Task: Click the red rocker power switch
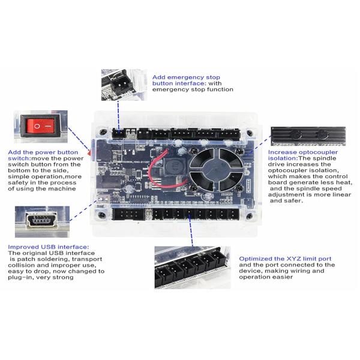click(41, 126)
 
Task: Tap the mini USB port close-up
click(41, 220)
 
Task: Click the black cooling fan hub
click(217, 169)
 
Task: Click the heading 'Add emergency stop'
click(186, 77)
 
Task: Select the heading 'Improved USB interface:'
click(48, 247)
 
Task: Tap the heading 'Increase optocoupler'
click(303, 152)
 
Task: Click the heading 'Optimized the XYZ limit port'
click(285, 259)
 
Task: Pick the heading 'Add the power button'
click(43, 152)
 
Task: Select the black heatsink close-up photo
click(308, 136)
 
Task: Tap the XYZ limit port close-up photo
click(193, 267)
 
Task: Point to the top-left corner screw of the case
click(103, 132)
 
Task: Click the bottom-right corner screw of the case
click(250, 216)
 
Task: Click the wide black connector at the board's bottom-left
click(129, 214)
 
